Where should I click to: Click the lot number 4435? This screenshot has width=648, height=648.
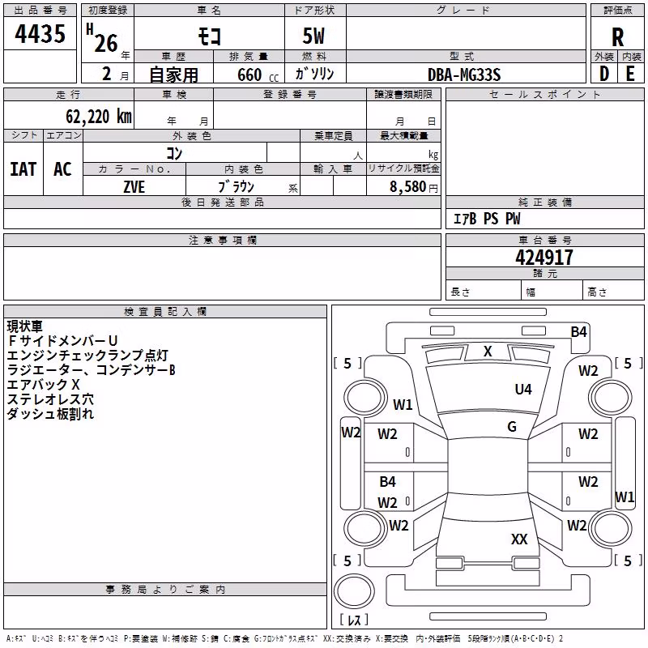[40, 33]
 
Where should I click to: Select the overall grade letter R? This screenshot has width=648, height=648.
[617, 37]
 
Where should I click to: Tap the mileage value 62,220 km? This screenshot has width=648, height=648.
[99, 117]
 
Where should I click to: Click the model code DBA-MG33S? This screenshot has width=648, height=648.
[464, 75]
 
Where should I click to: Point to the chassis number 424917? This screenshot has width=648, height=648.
[544, 258]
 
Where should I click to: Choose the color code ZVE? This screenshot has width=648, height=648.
[134, 187]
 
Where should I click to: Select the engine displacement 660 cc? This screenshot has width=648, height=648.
[258, 75]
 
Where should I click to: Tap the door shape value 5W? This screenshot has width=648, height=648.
[313, 36]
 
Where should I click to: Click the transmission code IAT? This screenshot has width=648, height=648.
[23, 169]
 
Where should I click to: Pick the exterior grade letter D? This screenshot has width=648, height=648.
[603, 74]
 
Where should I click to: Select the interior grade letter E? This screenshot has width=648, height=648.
[630, 74]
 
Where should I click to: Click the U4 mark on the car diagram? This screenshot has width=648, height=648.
[523, 389]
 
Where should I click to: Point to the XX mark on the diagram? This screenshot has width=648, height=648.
[519, 539]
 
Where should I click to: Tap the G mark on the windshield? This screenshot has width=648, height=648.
[512, 426]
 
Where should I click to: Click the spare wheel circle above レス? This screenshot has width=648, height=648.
[354, 590]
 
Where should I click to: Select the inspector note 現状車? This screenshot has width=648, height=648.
[25, 326]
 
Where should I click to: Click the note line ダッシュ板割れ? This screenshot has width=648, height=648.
[50, 414]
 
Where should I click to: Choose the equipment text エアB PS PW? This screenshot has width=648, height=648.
[487, 219]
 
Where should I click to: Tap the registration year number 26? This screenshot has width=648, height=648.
[106, 43]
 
